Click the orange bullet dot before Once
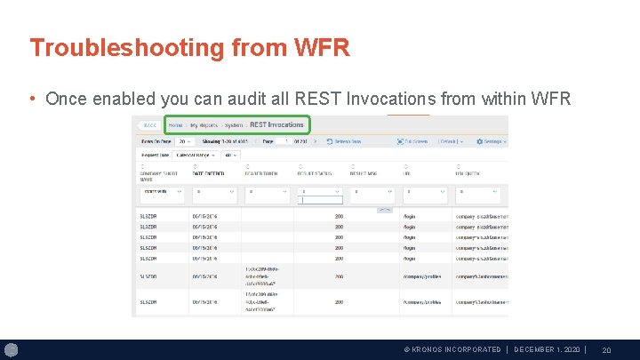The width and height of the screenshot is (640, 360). [33, 99]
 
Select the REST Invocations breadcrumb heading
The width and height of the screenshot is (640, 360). [276, 125]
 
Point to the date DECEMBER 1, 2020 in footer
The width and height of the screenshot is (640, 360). [547, 349]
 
